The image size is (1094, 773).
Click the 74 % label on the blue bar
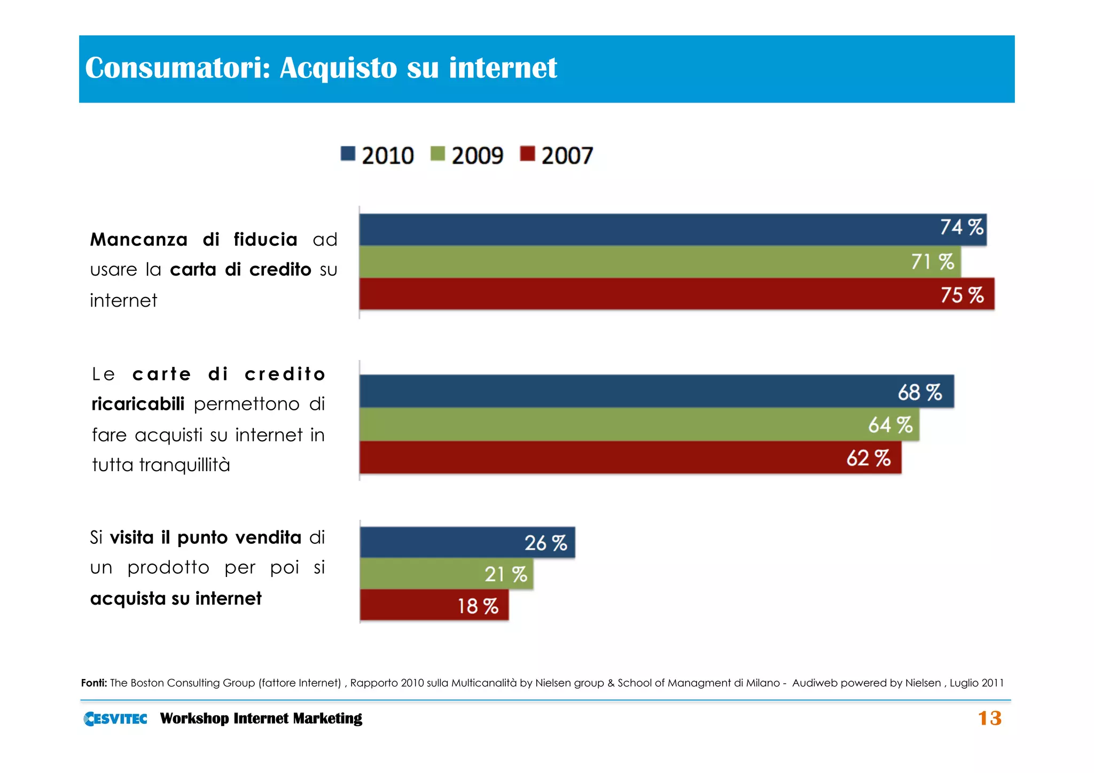pyautogui.click(x=961, y=228)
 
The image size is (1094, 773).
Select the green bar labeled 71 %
pyautogui.click(x=660, y=262)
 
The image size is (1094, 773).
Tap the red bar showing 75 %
pyautogui.click(x=676, y=294)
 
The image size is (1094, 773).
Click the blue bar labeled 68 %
pyautogui.click(x=656, y=392)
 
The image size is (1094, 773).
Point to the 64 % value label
pyautogui.click(x=890, y=425)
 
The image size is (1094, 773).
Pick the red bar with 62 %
pyautogui.click(x=630, y=458)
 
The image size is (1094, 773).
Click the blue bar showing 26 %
pyautogui.click(x=467, y=543)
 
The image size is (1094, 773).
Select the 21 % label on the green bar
pyautogui.click(x=505, y=575)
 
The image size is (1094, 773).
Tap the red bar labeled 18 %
pyautogui.click(x=434, y=606)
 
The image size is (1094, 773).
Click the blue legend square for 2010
pyautogui.click(x=348, y=154)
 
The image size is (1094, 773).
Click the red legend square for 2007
pyautogui.click(x=527, y=154)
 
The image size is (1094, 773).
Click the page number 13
pyautogui.click(x=989, y=718)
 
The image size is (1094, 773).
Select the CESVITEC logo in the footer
pyautogui.click(x=115, y=719)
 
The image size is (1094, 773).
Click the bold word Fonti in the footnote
pyautogui.click(x=94, y=683)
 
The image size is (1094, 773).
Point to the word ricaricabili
pyautogui.click(x=138, y=404)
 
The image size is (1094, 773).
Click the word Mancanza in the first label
pyautogui.click(x=139, y=240)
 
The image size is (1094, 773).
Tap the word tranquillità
pyautogui.click(x=184, y=465)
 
